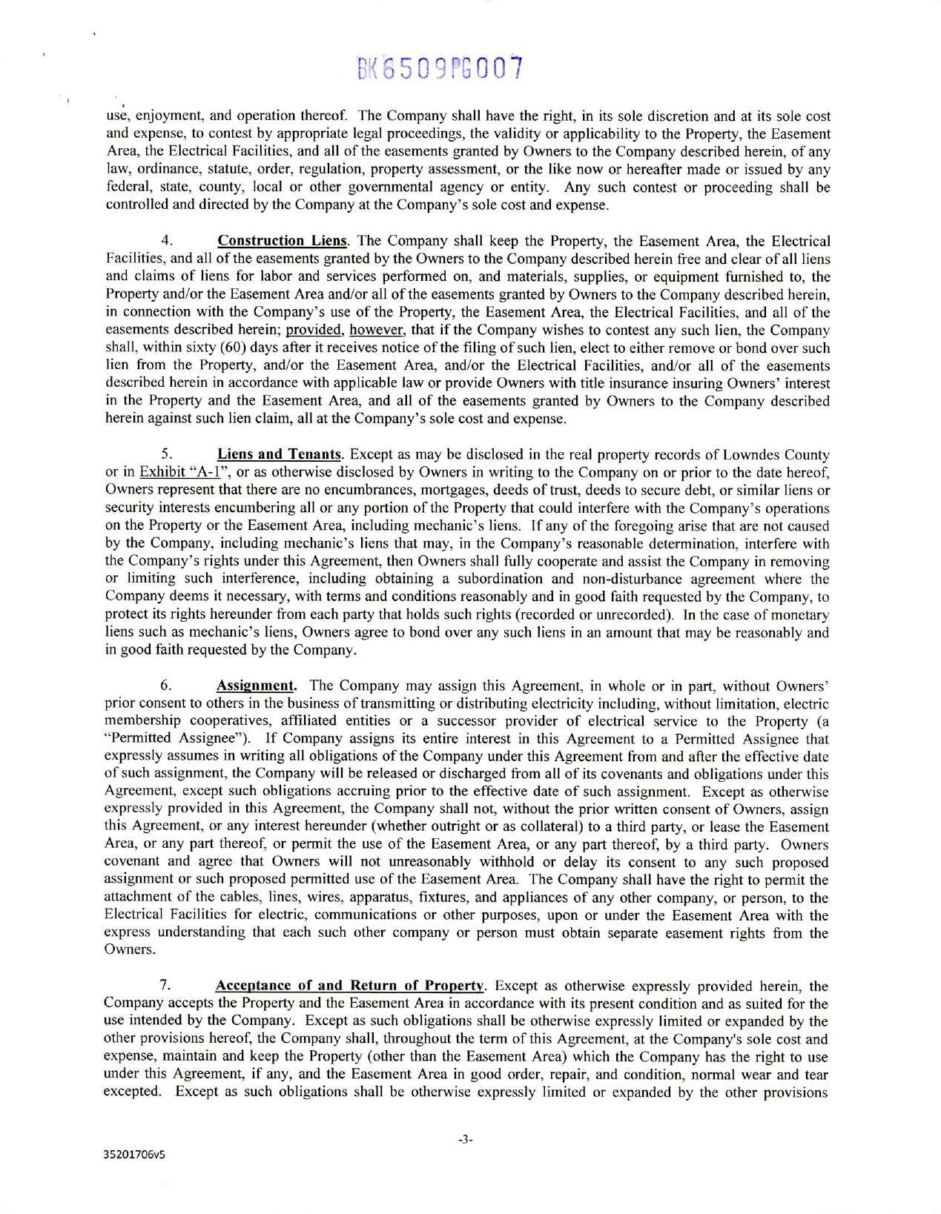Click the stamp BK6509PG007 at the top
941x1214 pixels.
(x=440, y=69)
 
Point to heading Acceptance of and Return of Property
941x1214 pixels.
(x=350, y=986)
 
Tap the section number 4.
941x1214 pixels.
(x=167, y=241)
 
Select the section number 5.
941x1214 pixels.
(x=167, y=454)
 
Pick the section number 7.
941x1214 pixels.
(x=166, y=986)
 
